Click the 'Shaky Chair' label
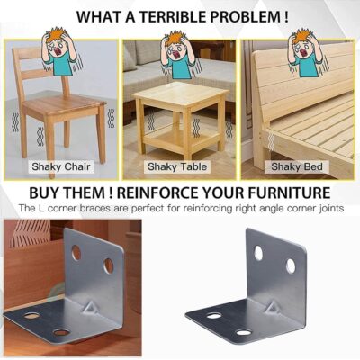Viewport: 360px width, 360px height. point(61,166)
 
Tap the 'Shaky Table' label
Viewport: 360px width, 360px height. point(177,166)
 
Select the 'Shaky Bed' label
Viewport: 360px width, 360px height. point(297,166)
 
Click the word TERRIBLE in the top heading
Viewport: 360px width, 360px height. point(173,16)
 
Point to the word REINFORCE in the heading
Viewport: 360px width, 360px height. point(158,193)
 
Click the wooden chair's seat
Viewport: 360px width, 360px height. point(65,105)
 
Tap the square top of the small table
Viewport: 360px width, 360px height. point(181,94)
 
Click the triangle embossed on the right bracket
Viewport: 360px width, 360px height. point(273,308)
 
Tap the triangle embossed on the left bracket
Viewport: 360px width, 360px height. point(89,307)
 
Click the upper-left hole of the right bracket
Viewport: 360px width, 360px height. point(258,253)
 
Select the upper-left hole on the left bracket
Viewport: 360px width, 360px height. point(76,253)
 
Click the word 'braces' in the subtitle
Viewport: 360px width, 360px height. point(94,208)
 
